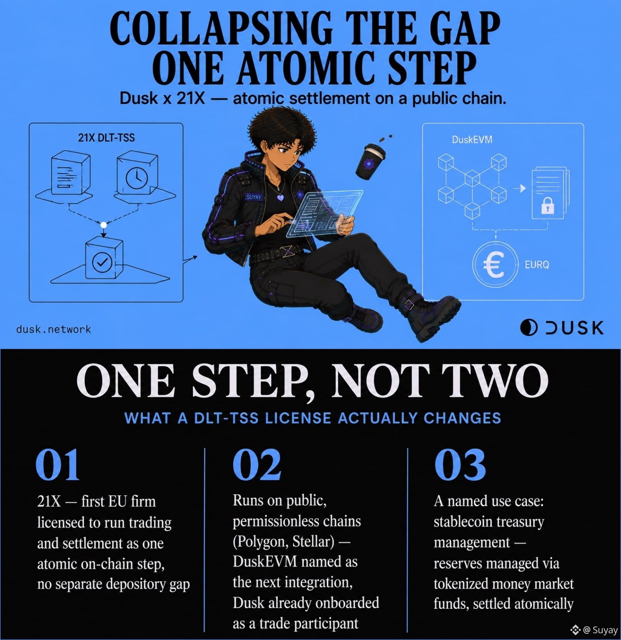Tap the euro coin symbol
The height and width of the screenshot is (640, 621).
(495, 263)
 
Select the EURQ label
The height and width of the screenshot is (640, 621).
(537, 265)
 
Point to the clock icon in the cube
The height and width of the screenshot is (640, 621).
(137, 178)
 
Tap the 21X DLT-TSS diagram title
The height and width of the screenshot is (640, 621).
(106, 138)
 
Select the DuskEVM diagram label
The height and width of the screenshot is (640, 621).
(472, 140)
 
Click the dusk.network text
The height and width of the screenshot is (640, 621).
(54, 329)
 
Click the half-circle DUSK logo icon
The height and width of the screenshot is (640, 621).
(529, 328)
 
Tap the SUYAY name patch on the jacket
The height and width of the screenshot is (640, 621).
(253, 197)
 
